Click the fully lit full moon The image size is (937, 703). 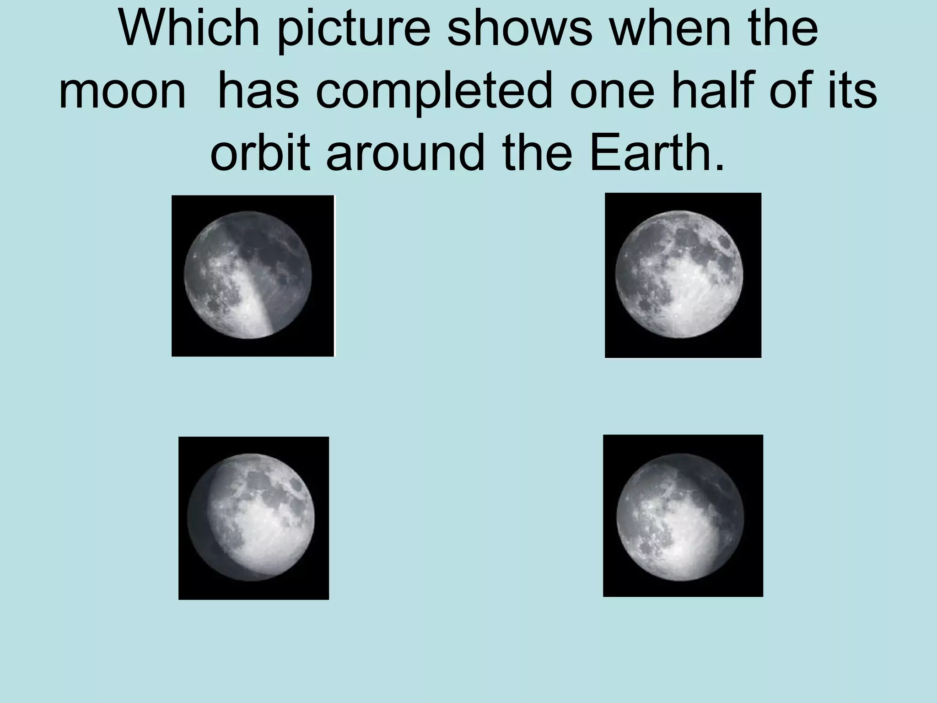679,274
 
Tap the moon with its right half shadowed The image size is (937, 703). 248,275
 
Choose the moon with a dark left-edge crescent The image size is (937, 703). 251,517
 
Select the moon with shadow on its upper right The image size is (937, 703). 680,517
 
